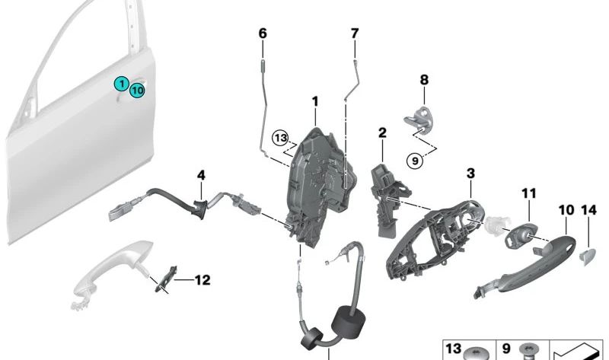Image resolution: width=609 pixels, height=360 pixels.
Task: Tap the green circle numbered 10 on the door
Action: (x=137, y=91)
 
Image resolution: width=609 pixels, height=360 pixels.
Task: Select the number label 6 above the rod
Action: (x=263, y=33)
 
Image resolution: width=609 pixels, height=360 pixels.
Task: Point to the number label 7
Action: (x=354, y=33)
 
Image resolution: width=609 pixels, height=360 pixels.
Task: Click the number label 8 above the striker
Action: (x=425, y=79)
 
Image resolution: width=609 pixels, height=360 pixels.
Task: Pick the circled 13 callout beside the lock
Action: (x=282, y=138)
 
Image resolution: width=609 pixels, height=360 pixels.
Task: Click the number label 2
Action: (x=382, y=133)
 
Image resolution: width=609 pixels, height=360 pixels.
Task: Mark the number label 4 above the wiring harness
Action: (x=201, y=175)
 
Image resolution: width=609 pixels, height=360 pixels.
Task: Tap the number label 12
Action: (x=201, y=280)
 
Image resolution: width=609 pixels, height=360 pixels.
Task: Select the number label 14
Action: (x=589, y=209)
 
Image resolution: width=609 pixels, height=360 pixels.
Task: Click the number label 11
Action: (x=529, y=194)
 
